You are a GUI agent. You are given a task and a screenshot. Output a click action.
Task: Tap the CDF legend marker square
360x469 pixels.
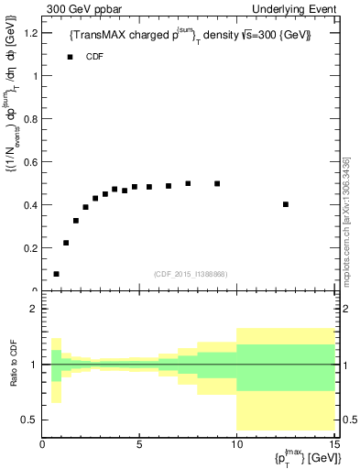69,57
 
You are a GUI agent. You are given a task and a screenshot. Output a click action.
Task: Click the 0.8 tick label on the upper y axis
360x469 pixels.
30,118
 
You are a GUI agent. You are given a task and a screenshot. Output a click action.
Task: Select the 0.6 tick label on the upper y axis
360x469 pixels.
30,161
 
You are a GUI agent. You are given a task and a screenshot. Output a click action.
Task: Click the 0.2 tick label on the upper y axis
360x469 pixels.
30,247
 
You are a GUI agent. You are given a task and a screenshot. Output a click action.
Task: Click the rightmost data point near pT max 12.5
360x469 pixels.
286,204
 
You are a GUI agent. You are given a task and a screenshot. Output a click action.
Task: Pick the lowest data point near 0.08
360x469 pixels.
57,274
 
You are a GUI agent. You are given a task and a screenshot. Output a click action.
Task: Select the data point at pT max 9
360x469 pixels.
217,183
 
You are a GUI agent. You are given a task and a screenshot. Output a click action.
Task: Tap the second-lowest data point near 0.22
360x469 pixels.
66,243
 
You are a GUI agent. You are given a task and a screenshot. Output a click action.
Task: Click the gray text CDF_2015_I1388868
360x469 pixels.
191,274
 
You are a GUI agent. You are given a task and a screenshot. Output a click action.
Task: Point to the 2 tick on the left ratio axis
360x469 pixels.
33,309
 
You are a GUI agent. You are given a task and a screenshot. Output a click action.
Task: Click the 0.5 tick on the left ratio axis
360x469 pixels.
30,420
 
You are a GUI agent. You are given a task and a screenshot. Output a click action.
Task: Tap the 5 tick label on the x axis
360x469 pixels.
139,445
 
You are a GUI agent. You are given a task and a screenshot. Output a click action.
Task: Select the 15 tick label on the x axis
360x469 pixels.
333,445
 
